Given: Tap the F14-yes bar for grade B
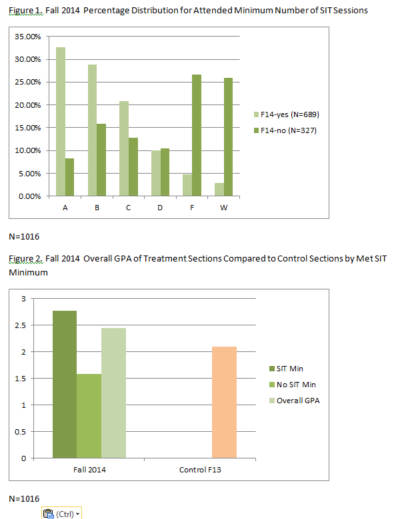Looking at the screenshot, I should coord(93,130).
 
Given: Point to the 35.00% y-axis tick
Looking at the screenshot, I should coord(27,37).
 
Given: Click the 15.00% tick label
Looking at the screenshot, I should coord(27,128).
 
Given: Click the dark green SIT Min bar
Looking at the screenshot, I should coord(65,385).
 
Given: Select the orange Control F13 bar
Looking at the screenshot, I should coord(224,403).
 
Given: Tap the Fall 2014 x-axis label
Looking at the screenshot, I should coord(89,470).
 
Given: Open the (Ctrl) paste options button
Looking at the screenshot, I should coord(62,513).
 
